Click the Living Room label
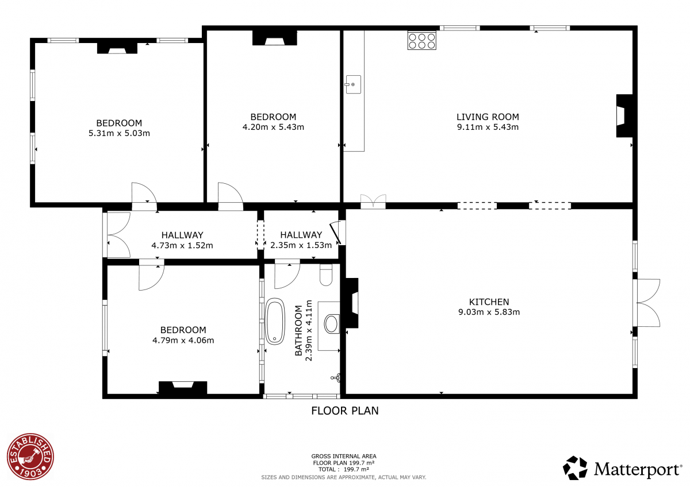(488, 117)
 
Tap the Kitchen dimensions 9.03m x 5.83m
(489, 312)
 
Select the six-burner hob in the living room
(421, 41)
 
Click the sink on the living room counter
(353, 84)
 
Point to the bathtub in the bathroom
(275, 321)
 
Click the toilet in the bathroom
(326, 275)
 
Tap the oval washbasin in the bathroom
(331, 324)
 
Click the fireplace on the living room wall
(624, 115)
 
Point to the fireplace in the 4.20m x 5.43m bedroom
(275, 38)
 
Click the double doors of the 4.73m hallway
(118, 235)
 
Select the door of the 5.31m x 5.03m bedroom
(144, 196)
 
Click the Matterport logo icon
(575, 468)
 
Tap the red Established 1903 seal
(30, 457)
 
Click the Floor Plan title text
(344, 411)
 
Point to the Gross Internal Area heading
(344, 456)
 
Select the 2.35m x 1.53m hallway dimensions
(301, 245)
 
